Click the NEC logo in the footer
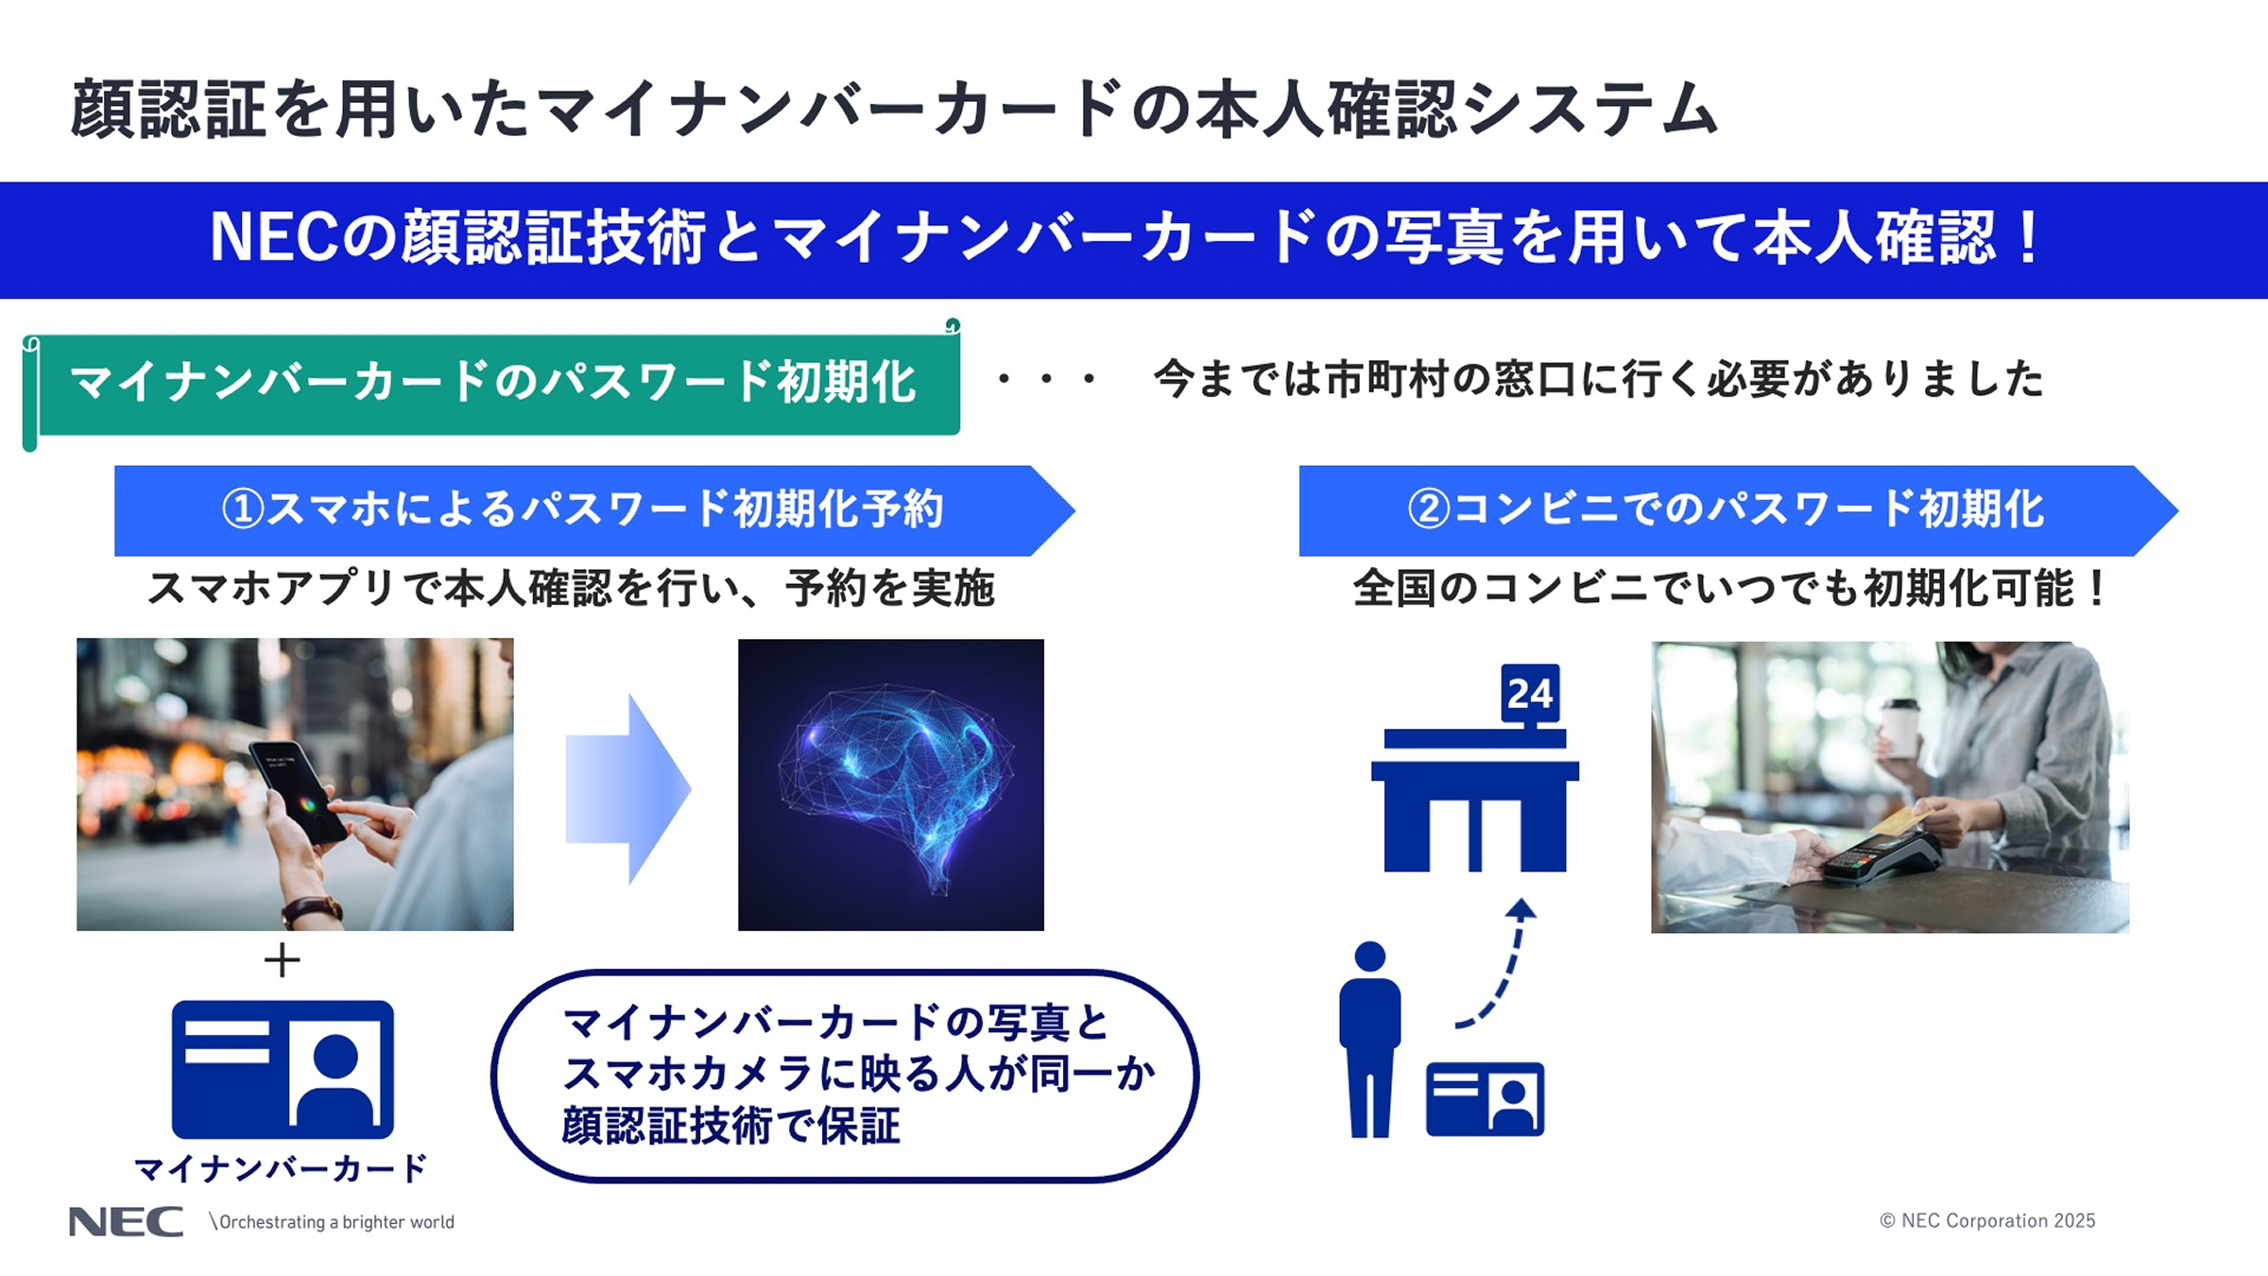click(x=126, y=1221)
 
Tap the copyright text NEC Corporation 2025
click(x=1987, y=1220)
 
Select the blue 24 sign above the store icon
click(x=1530, y=693)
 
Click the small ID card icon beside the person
click(x=1485, y=1098)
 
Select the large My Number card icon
click(x=283, y=1069)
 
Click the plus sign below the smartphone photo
click(x=282, y=961)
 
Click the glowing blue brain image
click(x=891, y=785)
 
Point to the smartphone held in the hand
click(x=298, y=790)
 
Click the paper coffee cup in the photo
click(x=1899, y=729)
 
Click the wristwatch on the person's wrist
click(x=312, y=909)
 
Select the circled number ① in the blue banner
click(x=243, y=509)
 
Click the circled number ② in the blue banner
click(x=1429, y=509)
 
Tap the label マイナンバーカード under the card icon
click(x=282, y=1169)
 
